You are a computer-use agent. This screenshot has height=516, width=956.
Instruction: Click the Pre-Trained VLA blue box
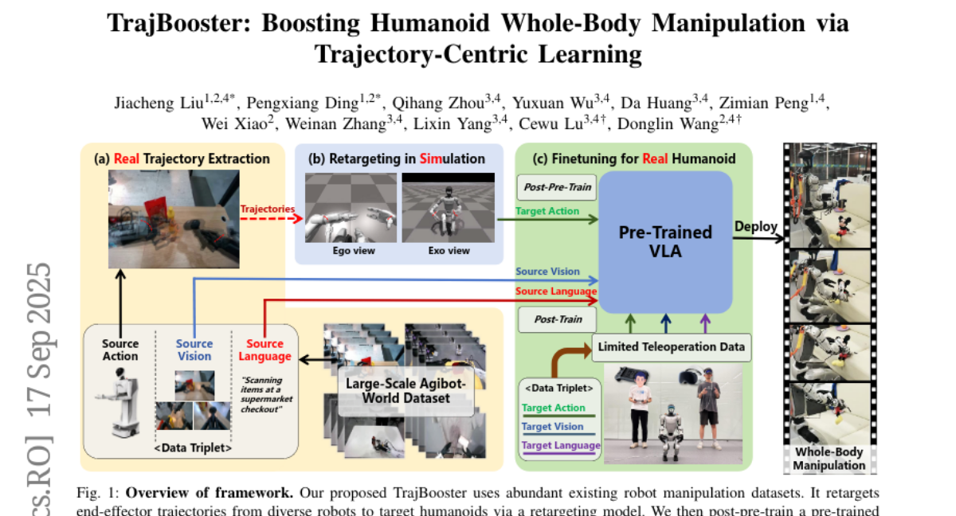click(x=665, y=242)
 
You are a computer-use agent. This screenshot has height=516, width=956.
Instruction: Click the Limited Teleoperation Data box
click(x=671, y=346)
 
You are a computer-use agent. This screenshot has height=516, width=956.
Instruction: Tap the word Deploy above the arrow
click(x=756, y=226)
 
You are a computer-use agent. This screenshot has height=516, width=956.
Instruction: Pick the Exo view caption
click(x=449, y=251)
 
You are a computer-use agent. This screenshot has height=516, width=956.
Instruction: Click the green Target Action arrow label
click(x=547, y=211)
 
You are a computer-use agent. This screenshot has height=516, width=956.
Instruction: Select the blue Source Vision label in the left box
click(x=194, y=350)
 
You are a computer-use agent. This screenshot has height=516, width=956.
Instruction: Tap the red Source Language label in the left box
click(x=264, y=350)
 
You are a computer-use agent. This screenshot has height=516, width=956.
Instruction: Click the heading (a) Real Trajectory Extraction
click(x=182, y=158)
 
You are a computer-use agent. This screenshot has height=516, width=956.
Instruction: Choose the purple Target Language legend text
click(x=560, y=445)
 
